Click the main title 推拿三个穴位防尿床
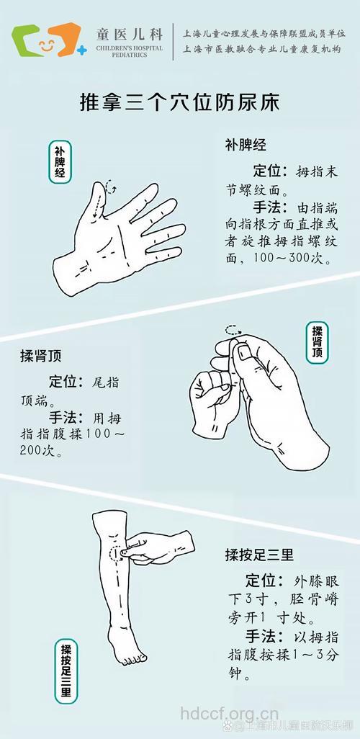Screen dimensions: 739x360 click(179, 102)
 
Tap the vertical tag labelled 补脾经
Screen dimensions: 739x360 click(60, 162)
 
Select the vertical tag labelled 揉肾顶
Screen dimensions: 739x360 click(316, 341)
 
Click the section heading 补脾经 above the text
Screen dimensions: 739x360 click(246, 145)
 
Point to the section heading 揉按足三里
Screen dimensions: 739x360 click(259, 555)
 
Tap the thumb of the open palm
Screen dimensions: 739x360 click(98, 202)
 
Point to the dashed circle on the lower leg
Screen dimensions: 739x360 click(113, 553)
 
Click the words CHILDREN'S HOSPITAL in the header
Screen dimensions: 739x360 click(130, 48)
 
